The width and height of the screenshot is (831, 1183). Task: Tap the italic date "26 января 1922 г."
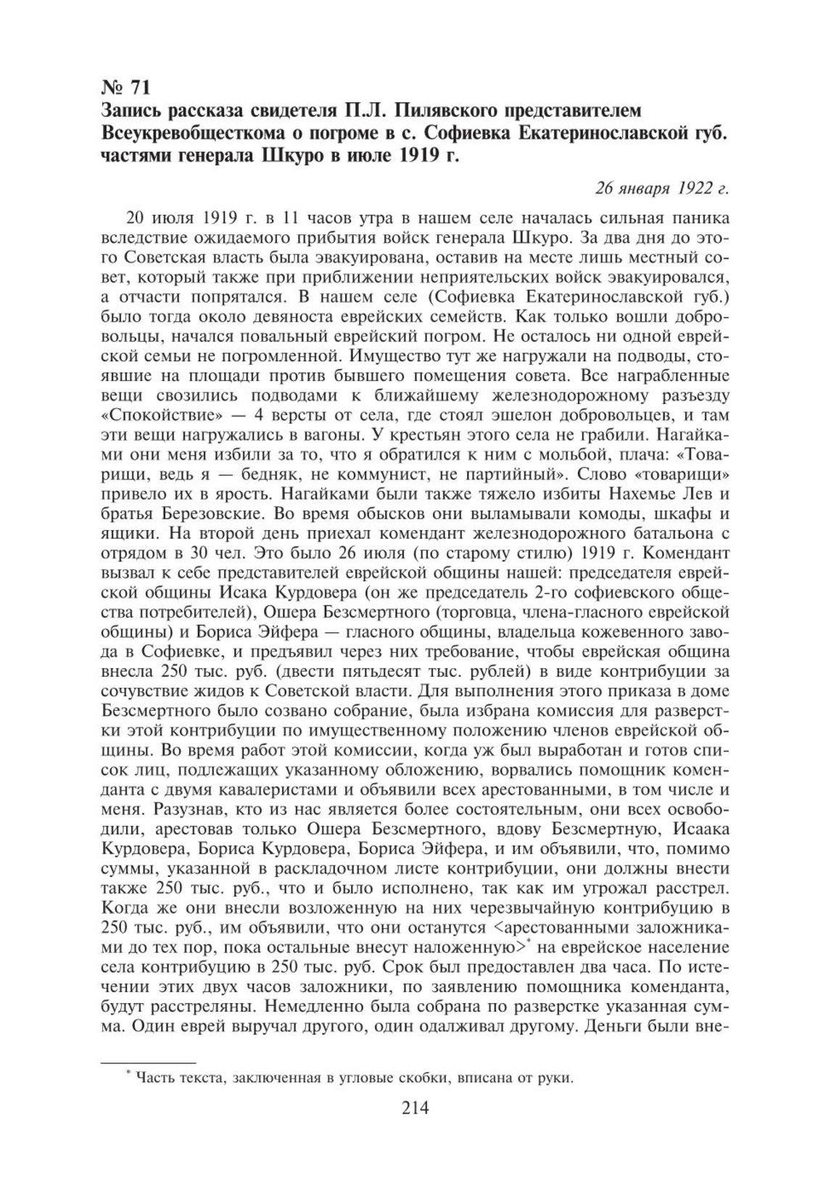click(x=661, y=189)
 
